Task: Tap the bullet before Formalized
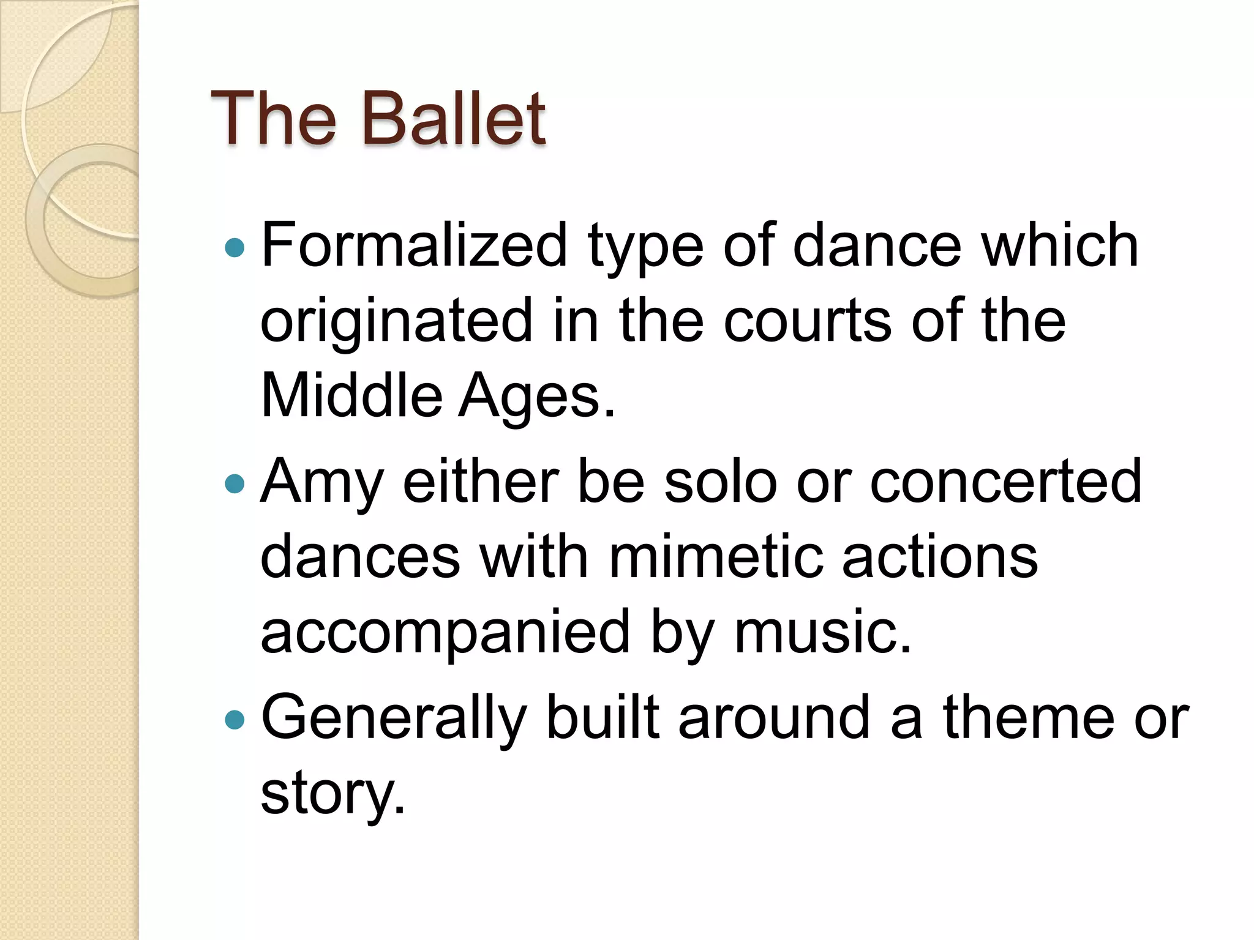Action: coord(235,248)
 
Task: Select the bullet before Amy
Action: coord(235,485)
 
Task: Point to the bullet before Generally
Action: coord(235,720)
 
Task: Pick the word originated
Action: coord(397,321)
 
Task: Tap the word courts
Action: coord(807,321)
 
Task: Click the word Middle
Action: coord(351,396)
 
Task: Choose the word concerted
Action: coord(1005,482)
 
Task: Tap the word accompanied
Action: coord(445,633)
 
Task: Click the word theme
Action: coord(1029,717)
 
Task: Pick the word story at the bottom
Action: coord(332,794)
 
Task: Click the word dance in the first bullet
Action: coord(877,246)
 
